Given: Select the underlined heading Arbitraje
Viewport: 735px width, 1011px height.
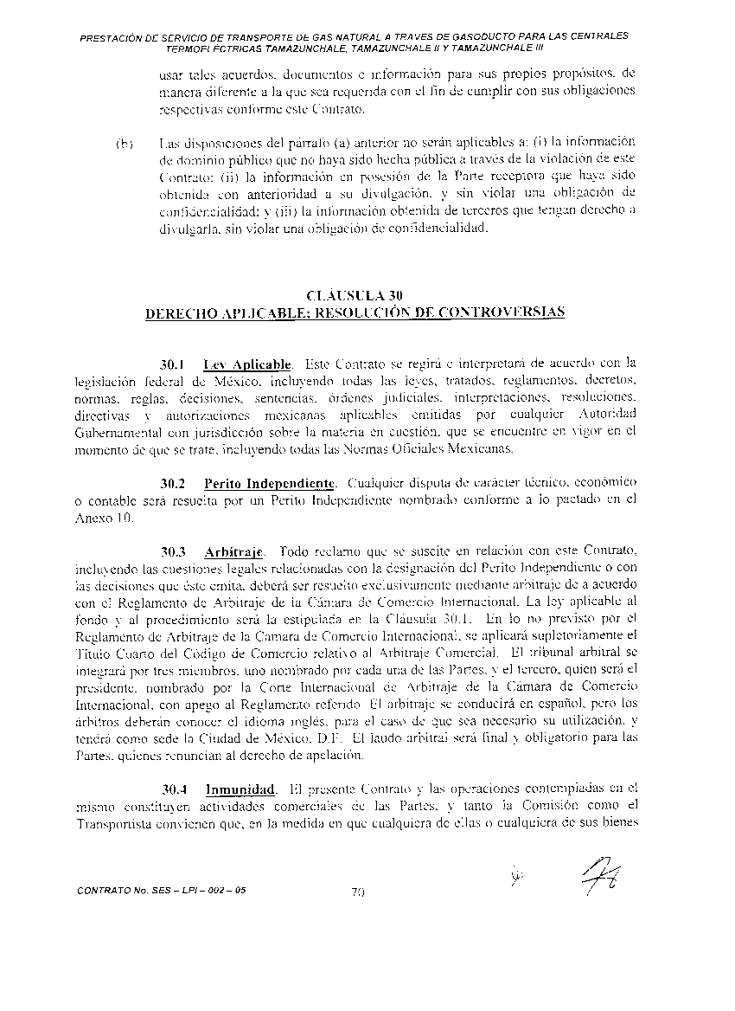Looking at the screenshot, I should [233, 551].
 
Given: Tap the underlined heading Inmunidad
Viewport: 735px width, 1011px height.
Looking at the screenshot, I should [240, 789].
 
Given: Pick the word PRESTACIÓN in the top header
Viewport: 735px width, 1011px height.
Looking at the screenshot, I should [112, 37].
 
